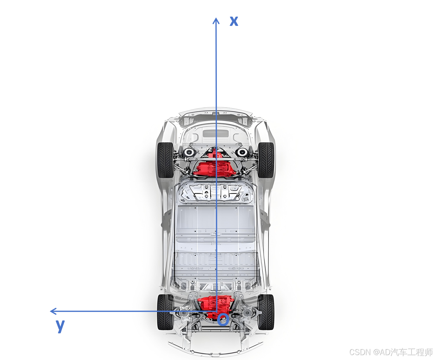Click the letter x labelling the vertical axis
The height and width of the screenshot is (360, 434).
[x=234, y=21]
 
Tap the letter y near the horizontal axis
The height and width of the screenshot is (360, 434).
[x=60, y=325]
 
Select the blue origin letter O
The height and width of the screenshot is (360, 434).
[x=223, y=320]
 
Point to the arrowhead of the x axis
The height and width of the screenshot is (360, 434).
[x=216, y=20]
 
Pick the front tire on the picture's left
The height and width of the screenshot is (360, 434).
[x=165, y=160]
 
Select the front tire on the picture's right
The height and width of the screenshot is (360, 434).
[x=266, y=160]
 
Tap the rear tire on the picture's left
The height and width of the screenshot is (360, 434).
[x=165, y=312]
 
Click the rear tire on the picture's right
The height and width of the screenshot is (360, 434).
[x=266, y=312]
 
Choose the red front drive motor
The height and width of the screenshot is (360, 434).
[x=214, y=168]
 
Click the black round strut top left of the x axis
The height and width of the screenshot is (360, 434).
[x=189, y=152]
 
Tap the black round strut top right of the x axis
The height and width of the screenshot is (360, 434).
[x=242, y=152]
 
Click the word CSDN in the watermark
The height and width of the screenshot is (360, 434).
[x=360, y=352]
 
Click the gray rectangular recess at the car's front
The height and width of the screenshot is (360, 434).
[x=216, y=133]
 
